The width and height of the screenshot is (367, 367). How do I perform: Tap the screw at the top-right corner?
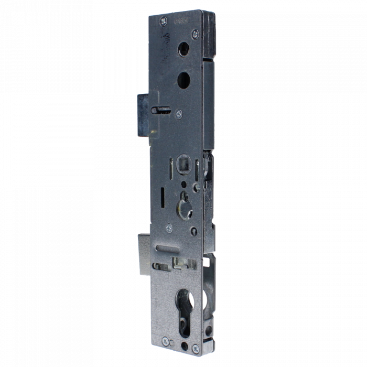click(x=195, y=34)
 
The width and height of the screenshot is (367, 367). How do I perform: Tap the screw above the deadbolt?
click(x=169, y=228)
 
